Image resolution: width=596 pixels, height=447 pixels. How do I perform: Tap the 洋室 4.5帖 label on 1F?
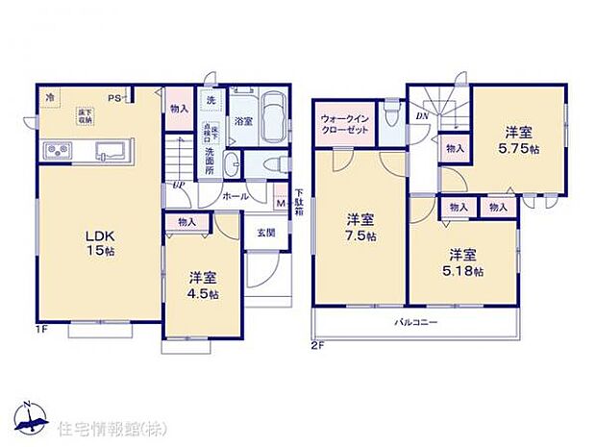tap(201, 286)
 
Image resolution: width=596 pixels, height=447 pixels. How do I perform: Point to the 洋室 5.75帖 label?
tap(516, 142)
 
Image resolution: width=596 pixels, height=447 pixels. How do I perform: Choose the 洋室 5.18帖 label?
tap(463, 261)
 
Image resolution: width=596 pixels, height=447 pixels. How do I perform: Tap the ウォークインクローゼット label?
tap(343, 124)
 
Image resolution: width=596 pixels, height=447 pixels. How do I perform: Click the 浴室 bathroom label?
tap(243, 121)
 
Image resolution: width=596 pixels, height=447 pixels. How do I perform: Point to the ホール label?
tap(236, 196)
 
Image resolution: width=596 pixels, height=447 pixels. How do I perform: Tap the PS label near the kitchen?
tap(113, 97)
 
